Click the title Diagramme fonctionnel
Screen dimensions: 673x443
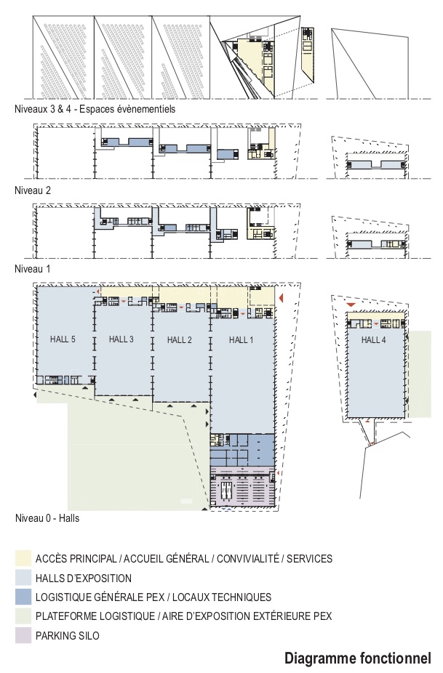tap(357, 658)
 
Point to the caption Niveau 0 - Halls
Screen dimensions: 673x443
tap(47, 519)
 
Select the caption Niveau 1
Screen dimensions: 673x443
tap(30, 268)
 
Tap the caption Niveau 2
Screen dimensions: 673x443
tap(30, 190)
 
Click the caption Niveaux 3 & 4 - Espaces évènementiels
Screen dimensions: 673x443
tap(95, 109)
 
